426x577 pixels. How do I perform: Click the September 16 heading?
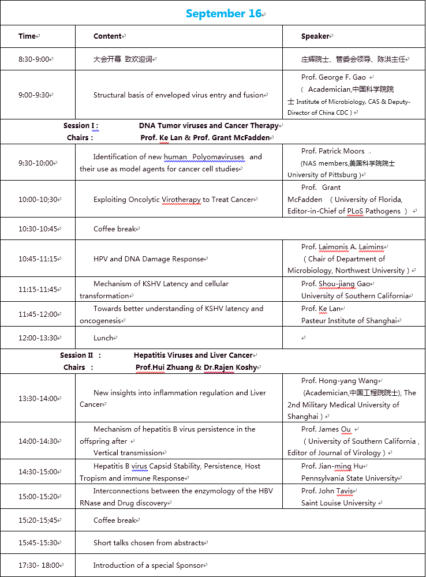pos(224,14)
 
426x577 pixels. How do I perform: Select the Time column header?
pos(27,36)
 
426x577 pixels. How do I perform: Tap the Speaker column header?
pos(315,36)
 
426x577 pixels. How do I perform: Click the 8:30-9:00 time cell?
pos(35,59)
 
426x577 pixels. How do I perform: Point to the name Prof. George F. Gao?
pos(334,77)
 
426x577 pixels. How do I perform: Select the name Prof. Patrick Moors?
pos(333,151)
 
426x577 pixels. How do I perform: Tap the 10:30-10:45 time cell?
pos(38,229)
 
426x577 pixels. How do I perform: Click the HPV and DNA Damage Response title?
pos(149,259)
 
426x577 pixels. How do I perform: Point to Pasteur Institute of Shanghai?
pos(349,321)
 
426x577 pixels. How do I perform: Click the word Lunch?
pos(103,338)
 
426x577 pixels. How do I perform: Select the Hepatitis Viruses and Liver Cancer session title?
pos(193,355)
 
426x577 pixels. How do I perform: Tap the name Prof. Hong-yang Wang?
pos(338,381)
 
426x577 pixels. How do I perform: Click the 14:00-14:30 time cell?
pos(39,441)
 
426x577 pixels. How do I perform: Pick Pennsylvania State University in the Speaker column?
pos(350,478)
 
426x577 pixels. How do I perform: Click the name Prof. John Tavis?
pos(327,491)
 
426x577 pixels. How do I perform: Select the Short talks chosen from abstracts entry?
pos(149,543)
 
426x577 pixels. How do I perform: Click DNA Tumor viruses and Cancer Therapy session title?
pos(208,126)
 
